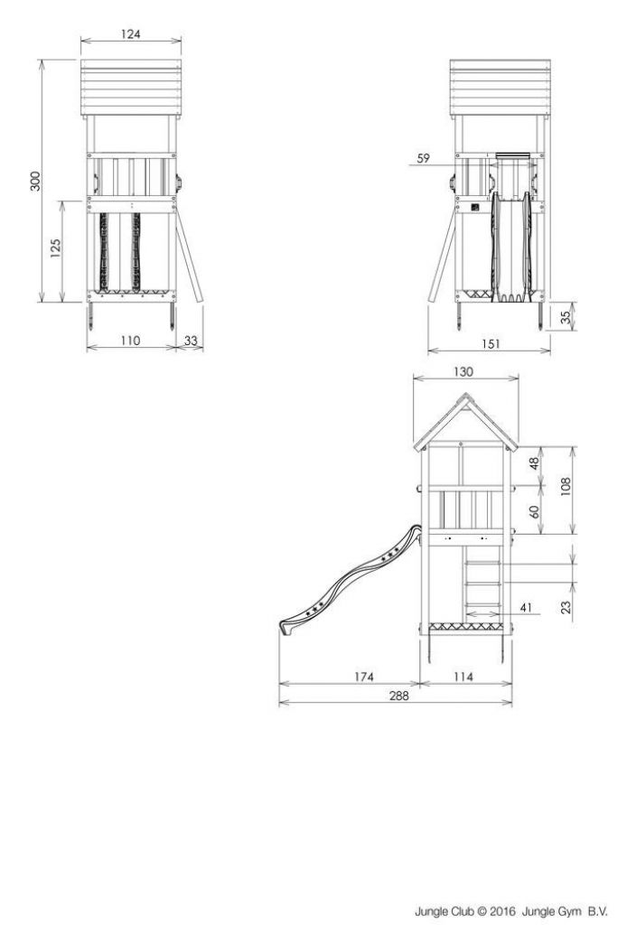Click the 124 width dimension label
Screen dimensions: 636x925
pos(130,33)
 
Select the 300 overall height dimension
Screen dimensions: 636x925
pos(35,181)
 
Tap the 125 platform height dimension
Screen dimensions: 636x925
pos(55,248)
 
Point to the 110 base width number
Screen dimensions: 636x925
pos(130,341)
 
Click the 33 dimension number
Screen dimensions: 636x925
pos(191,341)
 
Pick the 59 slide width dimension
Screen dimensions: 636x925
pos(423,158)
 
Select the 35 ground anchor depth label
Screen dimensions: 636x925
pos(566,317)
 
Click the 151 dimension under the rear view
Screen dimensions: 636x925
pos(491,343)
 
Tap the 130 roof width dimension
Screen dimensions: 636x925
pos(463,371)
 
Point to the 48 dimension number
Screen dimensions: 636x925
pos(535,463)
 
